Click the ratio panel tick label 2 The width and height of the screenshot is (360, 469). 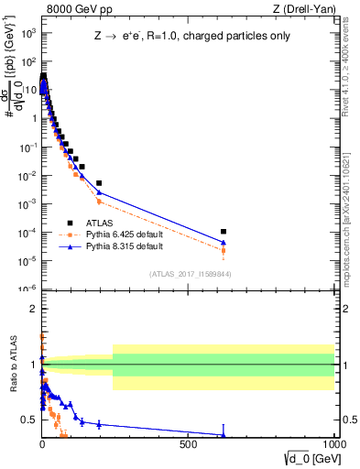[33, 309]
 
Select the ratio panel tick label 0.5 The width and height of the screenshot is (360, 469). [30, 420]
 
